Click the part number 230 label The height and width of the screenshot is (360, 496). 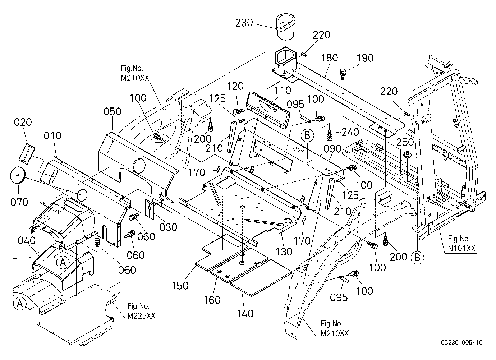[x=244, y=23]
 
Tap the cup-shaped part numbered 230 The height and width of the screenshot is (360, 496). [x=286, y=28]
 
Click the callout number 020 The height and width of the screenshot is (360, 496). [x=23, y=122]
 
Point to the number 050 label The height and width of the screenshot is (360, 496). [x=112, y=111]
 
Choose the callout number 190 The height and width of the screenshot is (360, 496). [x=365, y=58]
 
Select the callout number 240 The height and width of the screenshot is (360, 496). [x=350, y=132]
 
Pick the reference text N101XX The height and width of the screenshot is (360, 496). [x=462, y=248]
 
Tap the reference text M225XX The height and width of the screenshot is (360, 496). [x=142, y=316]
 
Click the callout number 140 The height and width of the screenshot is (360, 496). [x=245, y=314]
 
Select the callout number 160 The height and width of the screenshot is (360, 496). [x=212, y=300]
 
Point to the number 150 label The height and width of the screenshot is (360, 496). [x=180, y=286]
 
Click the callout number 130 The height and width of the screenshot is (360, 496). [x=284, y=252]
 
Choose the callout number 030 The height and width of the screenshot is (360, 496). [x=168, y=227]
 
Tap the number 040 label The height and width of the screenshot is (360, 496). [x=27, y=240]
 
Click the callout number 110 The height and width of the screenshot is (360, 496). [x=283, y=90]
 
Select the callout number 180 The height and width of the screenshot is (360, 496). [x=330, y=58]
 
